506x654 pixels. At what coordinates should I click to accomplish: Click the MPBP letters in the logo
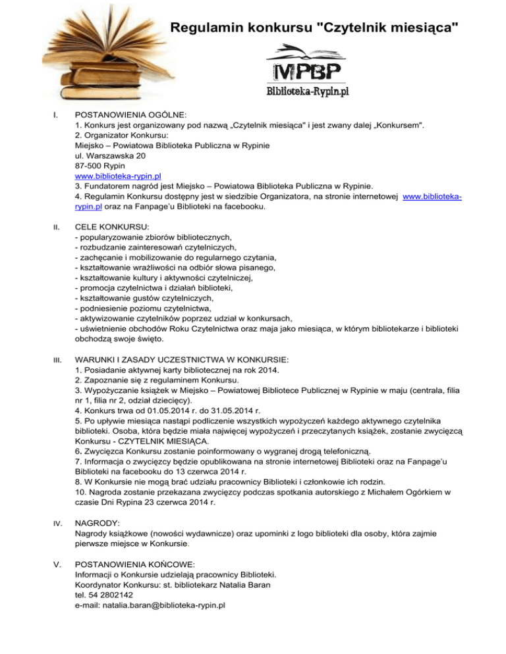(x=307, y=71)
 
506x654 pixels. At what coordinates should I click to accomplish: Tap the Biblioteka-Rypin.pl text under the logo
(x=307, y=91)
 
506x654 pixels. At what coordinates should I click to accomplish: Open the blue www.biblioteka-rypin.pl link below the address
(x=119, y=176)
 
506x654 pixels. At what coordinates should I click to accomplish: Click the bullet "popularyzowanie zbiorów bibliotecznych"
(x=155, y=237)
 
